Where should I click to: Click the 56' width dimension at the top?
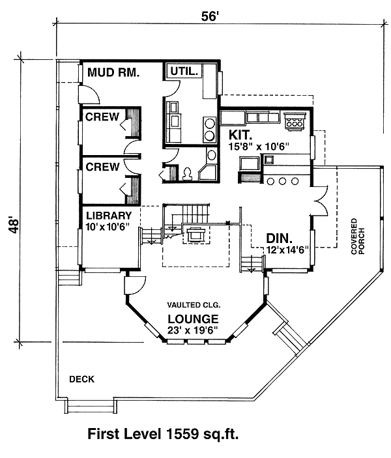210,16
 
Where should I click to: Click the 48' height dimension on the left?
14,225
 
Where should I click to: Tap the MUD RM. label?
113,72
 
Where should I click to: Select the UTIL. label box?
184,71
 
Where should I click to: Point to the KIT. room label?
240,135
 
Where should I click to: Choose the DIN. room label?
279,238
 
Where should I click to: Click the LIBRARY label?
109,216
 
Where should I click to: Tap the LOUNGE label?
193,319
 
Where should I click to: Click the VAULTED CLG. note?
194,305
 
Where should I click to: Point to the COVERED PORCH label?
358,236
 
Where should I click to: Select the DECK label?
82,379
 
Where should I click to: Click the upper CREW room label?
102,117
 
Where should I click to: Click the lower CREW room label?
102,167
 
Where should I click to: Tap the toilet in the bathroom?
187,173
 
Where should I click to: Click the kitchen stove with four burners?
295,121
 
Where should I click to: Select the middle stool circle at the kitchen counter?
282,181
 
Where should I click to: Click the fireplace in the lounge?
195,235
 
